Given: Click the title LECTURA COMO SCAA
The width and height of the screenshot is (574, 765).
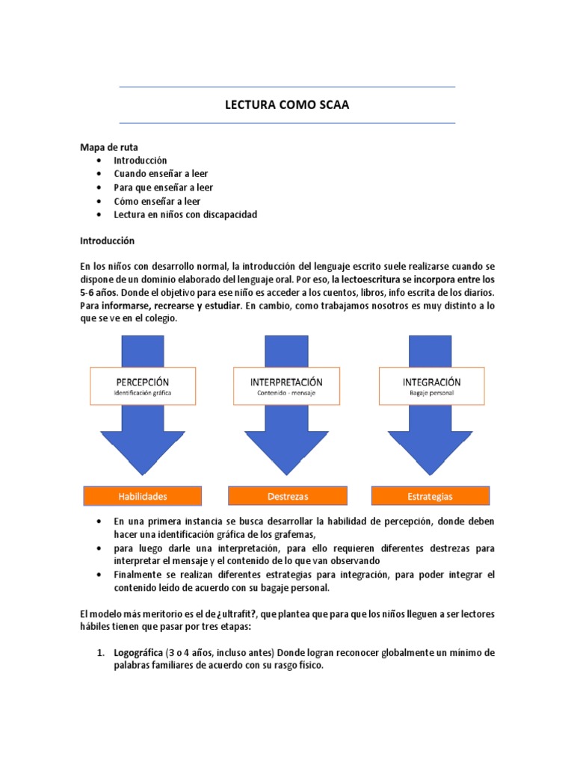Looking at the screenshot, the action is (x=287, y=105).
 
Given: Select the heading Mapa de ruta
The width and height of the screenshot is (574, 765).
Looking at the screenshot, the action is (x=109, y=147).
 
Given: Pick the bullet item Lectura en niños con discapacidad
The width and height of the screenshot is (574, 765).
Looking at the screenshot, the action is (x=185, y=214).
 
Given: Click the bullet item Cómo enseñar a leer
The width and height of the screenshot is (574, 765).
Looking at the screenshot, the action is (x=157, y=201).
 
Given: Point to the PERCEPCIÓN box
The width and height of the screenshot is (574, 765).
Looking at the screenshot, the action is (x=143, y=386).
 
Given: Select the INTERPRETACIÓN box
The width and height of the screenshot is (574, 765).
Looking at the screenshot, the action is (x=287, y=386).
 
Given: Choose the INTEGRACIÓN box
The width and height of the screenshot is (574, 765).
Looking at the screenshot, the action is (x=431, y=386).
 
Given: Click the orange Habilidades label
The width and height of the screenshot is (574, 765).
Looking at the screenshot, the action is (x=143, y=496).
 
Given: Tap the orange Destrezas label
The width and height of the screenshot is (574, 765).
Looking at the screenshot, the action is (x=288, y=496).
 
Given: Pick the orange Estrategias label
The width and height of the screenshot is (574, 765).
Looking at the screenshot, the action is (x=431, y=496).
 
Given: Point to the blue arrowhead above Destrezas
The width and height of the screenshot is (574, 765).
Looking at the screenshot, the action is (x=287, y=448).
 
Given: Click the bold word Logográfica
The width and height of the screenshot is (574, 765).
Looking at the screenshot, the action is (x=139, y=653).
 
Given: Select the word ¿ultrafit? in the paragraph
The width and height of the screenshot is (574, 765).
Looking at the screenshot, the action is (x=224, y=614).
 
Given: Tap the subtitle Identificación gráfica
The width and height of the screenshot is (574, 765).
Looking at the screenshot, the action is (x=143, y=393).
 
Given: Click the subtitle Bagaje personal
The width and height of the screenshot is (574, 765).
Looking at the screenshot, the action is (x=431, y=393).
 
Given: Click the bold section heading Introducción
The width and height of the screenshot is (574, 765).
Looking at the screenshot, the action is (x=107, y=241).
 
